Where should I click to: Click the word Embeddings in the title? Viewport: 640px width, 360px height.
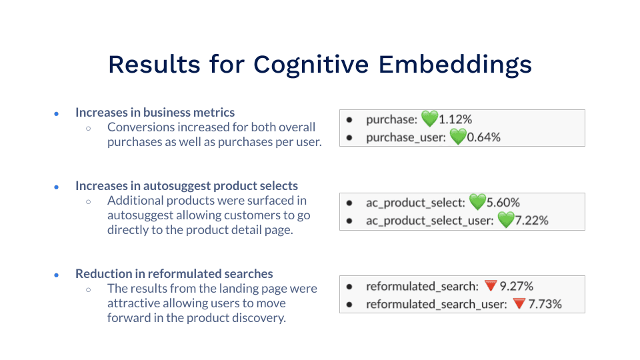tap(455, 65)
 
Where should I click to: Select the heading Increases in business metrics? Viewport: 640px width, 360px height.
tap(155, 113)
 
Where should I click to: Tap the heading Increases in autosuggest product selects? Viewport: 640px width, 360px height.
tap(187, 186)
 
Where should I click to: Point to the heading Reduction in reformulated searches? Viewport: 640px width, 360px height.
tap(174, 274)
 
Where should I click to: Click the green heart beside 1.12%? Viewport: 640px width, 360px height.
tap(429, 119)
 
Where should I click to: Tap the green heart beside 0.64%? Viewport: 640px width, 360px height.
tap(457, 137)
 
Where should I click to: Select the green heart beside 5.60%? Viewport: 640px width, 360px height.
tap(477, 202)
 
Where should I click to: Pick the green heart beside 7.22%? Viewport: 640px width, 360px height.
tap(507, 220)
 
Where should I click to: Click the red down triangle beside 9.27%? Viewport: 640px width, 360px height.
tap(491, 286)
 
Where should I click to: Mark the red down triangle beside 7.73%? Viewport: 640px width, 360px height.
tap(519, 304)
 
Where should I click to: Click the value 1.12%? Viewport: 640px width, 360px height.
tap(455, 120)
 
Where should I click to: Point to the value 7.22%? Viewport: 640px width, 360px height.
tap(532, 220)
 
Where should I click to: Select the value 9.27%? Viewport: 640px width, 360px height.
tap(517, 286)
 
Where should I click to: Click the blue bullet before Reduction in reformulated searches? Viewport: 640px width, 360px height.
tap(57, 275)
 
